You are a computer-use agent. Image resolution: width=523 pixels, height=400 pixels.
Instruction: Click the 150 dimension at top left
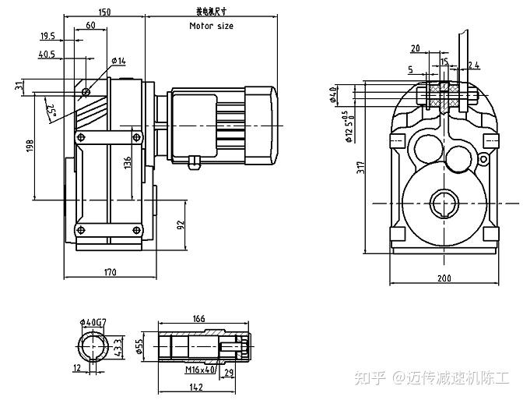(x=105, y=12)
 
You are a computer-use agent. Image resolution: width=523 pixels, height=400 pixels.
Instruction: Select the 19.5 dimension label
(x=47, y=36)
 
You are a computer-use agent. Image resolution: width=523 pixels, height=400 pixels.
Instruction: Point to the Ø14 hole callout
(x=118, y=60)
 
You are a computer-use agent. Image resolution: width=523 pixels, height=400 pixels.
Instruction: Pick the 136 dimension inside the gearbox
(x=127, y=164)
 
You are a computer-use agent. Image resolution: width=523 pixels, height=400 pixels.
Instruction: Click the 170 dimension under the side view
(x=110, y=272)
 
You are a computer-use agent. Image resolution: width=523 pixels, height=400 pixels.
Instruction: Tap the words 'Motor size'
(x=211, y=26)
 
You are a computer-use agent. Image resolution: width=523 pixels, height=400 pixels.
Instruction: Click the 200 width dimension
(x=444, y=278)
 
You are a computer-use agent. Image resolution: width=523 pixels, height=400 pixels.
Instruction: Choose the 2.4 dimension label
(x=473, y=65)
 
